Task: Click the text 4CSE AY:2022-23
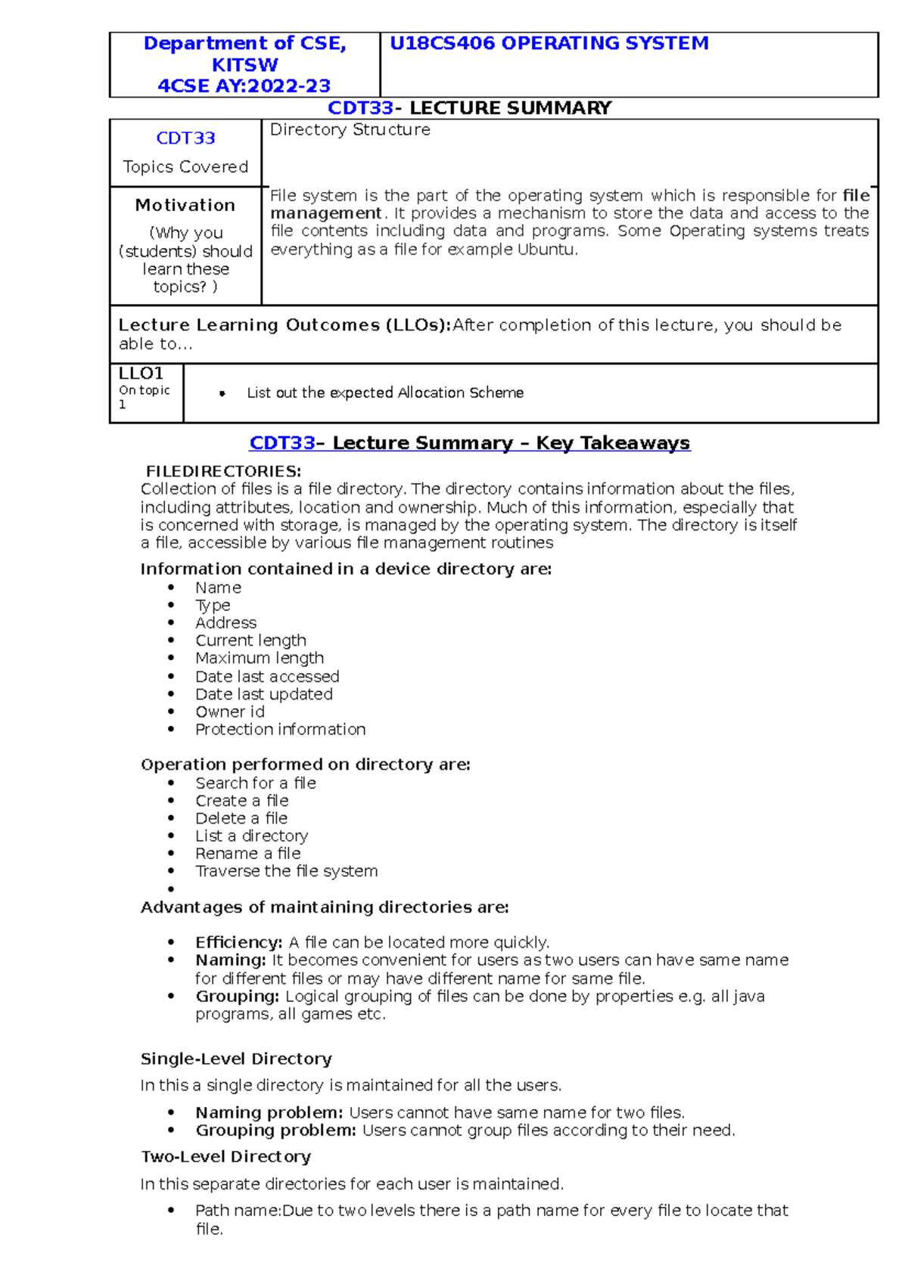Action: pos(244,86)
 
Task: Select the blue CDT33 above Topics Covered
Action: pos(185,138)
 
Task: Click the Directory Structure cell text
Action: pos(350,130)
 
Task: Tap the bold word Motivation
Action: pos(185,206)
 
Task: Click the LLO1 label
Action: pos(141,374)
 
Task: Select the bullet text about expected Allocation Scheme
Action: pos(384,393)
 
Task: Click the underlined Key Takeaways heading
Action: pos(613,443)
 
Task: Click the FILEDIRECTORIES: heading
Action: pos(223,472)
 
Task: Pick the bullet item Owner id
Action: pos(230,712)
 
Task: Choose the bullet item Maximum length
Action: pos(260,659)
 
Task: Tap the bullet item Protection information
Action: pos(280,730)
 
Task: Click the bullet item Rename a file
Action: pos(247,854)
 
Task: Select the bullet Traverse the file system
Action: pos(286,871)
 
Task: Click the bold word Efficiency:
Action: pos(238,943)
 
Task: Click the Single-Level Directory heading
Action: pos(236,1059)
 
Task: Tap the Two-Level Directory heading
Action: pos(225,1157)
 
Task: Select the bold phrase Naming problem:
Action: pos(269,1113)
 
